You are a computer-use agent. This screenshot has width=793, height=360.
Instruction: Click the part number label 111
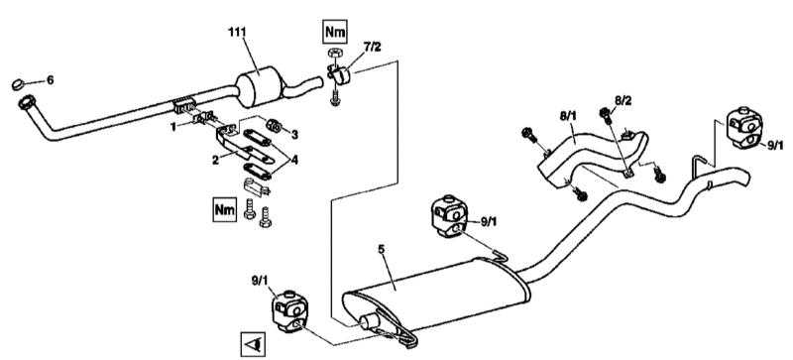[x=237, y=32]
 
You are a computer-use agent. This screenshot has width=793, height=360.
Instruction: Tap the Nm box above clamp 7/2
[x=335, y=33]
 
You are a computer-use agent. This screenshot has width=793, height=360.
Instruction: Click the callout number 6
[x=50, y=80]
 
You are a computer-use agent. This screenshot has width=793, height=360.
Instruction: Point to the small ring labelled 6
[x=19, y=84]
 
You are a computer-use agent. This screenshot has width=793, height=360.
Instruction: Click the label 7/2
[x=373, y=47]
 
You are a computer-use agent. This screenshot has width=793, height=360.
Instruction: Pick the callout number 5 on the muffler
[x=381, y=249]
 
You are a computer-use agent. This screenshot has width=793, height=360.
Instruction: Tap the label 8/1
[x=567, y=116]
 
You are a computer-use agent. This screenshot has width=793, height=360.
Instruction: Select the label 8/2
[x=623, y=100]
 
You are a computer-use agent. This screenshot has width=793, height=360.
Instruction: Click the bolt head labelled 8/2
[x=605, y=113]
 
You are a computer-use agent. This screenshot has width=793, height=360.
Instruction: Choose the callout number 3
[x=294, y=134]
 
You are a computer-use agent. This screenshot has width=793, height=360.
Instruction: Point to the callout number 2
[x=215, y=160]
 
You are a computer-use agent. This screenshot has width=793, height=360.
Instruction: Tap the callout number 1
[x=174, y=127]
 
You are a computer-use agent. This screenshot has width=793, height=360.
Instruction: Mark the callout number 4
[x=294, y=161]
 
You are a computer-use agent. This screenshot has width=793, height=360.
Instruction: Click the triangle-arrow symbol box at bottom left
[x=253, y=344]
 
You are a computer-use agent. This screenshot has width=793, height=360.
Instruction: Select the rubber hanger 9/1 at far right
[x=744, y=129]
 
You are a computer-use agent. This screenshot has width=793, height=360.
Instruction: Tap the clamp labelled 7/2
[x=339, y=75]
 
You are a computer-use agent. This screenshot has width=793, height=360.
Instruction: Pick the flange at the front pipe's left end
[x=27, y=103]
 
